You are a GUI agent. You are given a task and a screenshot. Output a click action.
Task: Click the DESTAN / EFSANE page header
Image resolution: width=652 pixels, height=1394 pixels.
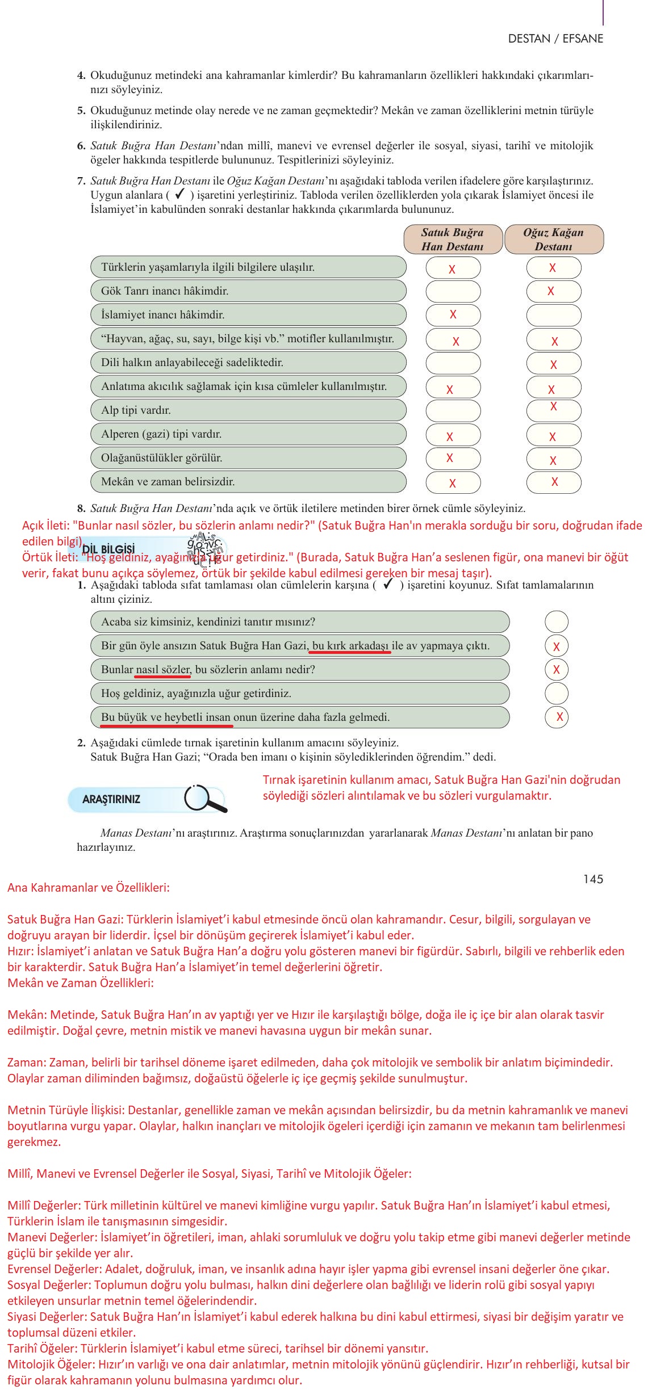(555, 39)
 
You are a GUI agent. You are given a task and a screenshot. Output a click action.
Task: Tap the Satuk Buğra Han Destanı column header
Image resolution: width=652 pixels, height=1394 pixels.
(453, 240)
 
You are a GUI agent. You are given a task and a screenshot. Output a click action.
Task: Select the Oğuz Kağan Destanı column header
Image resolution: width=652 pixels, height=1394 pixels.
(553, 240)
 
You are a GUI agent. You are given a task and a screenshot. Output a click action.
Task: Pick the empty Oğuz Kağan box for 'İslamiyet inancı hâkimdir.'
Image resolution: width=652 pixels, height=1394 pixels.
(553, 315)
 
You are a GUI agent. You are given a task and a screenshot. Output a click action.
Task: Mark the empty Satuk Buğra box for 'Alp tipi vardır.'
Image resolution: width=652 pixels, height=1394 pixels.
(453, 410)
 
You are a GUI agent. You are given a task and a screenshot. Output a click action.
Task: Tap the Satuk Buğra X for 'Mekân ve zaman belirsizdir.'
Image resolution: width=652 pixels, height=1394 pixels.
(453, 483)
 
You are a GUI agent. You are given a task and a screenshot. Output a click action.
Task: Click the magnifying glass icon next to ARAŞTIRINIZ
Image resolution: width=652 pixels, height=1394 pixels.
(204, 799)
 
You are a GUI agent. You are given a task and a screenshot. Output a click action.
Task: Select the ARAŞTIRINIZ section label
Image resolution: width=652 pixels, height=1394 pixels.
(111, 799)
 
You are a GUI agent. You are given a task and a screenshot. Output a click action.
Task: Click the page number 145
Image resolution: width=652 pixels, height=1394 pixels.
(592, 879)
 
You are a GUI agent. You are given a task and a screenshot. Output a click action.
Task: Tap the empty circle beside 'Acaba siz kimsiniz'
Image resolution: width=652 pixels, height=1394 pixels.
(556, 622)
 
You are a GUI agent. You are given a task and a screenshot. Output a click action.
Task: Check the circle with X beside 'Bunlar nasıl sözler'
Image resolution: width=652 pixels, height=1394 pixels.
(556, 670)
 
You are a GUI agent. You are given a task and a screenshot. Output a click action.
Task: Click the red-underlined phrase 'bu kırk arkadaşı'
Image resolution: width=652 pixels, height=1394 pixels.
(350, 646)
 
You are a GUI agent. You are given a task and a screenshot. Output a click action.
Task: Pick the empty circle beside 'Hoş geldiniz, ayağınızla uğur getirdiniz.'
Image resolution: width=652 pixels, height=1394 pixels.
(556, 694)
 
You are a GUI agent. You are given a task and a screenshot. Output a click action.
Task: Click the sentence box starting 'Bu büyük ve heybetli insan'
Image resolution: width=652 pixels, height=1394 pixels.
(299, 717)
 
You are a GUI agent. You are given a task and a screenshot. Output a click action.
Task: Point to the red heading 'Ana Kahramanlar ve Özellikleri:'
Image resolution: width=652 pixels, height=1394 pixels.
(89, 888)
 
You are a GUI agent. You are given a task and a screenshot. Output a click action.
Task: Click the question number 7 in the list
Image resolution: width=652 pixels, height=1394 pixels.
(81, 181)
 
